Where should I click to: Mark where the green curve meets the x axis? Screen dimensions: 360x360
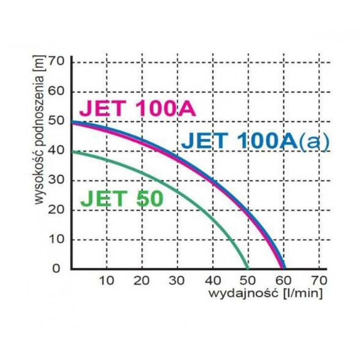pos(247,268)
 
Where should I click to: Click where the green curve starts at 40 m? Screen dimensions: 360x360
pos(72,151)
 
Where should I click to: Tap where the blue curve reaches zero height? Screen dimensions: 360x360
pos(284,268)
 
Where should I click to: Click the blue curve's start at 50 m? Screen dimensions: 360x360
pos(72,121)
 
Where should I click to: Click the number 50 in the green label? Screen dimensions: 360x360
pos(149,199)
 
